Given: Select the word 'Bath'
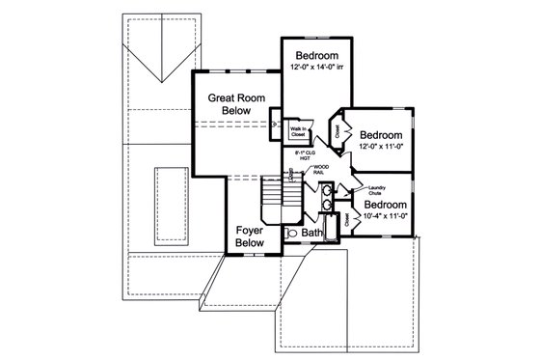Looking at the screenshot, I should [311, 234].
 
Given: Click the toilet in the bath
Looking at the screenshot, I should [292, 233].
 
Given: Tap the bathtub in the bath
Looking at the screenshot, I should [331, 230].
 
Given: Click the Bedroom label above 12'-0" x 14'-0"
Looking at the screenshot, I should [315, 54].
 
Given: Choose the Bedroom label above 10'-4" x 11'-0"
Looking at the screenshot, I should [385, 206].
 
